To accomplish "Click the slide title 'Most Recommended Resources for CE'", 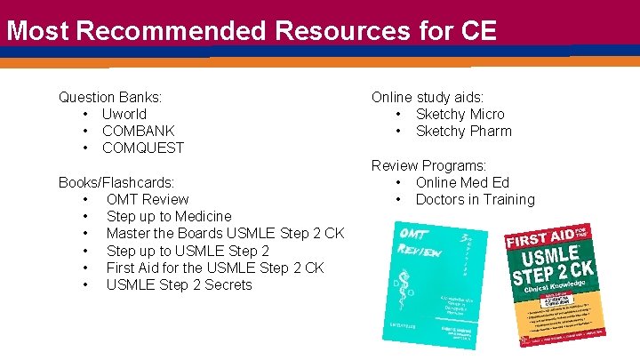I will pos(251,31).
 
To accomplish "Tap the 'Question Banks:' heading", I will pos(110,97).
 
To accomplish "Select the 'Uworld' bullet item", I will pos(124,114).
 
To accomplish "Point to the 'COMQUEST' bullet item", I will pos(143,148).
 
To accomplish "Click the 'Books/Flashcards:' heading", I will pos(116,182).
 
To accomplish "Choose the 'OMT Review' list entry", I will pos(148,199).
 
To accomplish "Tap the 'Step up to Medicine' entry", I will pos(169,216).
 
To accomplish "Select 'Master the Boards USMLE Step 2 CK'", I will pos(225,233).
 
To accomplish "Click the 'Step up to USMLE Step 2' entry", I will pos(188,251).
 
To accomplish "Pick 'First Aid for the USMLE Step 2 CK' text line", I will pos(215,268).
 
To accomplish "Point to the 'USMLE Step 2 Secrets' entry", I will pos(179,284).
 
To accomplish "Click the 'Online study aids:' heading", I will pos(428,97).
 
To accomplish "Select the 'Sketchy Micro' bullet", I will pos(460,114).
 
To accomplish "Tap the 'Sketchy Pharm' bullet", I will pos(464,131).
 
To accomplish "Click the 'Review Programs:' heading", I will pos(428,165).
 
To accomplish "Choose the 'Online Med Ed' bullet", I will pos(462,182).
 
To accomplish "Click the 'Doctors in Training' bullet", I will pos(476,199).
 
